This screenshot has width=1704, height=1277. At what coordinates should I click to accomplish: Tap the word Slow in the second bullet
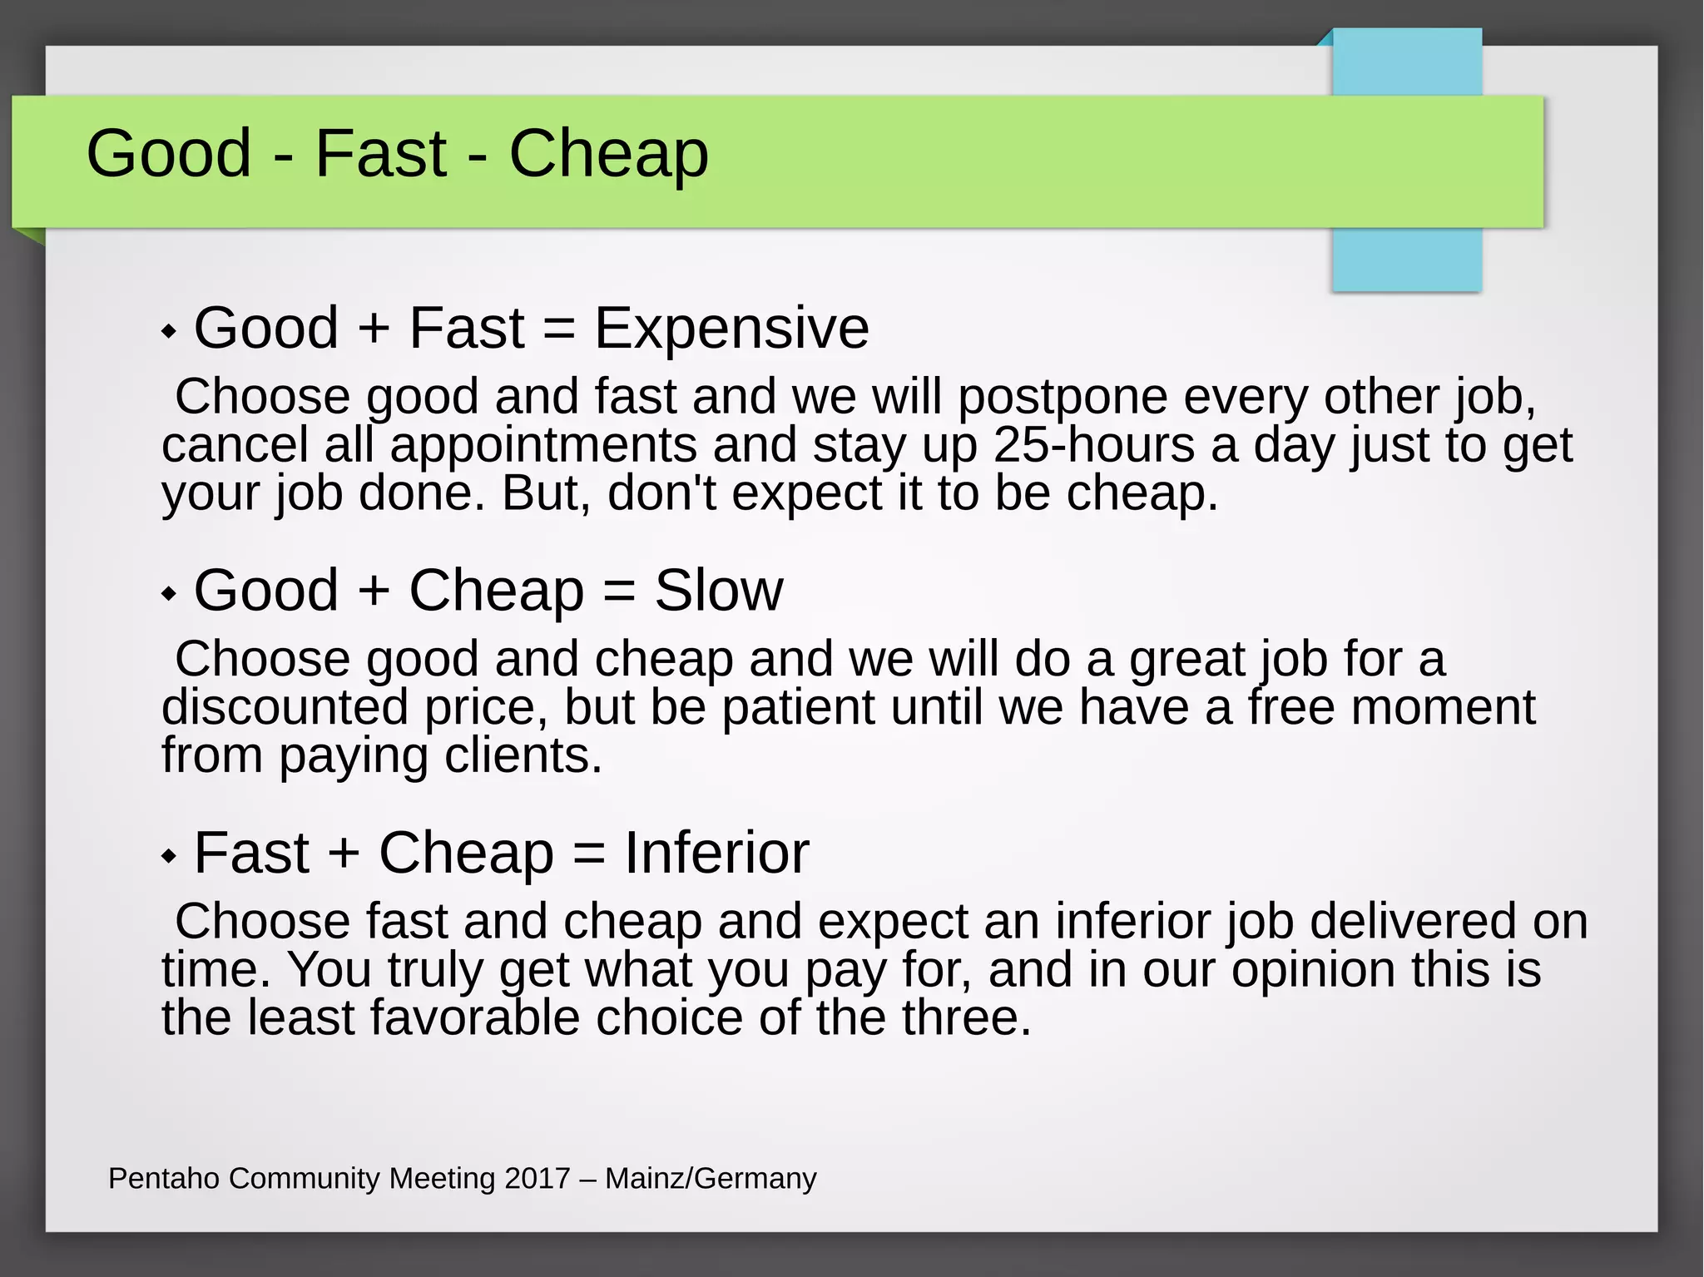(718, 591)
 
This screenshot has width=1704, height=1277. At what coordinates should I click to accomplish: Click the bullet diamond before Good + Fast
(170, 331)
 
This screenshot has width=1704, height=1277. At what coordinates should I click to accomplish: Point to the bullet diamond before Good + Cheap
(170, 594)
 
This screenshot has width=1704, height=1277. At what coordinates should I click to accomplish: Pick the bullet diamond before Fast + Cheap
(170, 855)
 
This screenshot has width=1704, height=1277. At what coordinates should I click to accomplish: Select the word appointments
(542, 446)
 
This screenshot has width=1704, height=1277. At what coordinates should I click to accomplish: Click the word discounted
(285, 707)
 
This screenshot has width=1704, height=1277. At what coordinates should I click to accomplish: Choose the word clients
(523, 755)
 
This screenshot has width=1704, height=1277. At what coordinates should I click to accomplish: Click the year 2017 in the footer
(537, 1179)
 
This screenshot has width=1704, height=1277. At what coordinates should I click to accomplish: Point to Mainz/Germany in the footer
(711, 1179)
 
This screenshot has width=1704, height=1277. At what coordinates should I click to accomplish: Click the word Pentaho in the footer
(163, 1179)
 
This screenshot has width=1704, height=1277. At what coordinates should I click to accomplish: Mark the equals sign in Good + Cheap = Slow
(618, 592)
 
